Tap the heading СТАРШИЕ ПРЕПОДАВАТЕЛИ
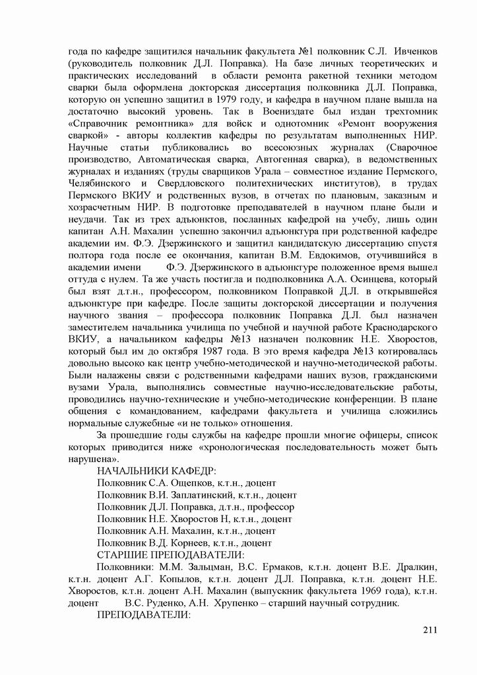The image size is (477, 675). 171,554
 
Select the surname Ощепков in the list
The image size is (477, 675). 178,483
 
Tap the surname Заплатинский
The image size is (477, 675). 192,494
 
